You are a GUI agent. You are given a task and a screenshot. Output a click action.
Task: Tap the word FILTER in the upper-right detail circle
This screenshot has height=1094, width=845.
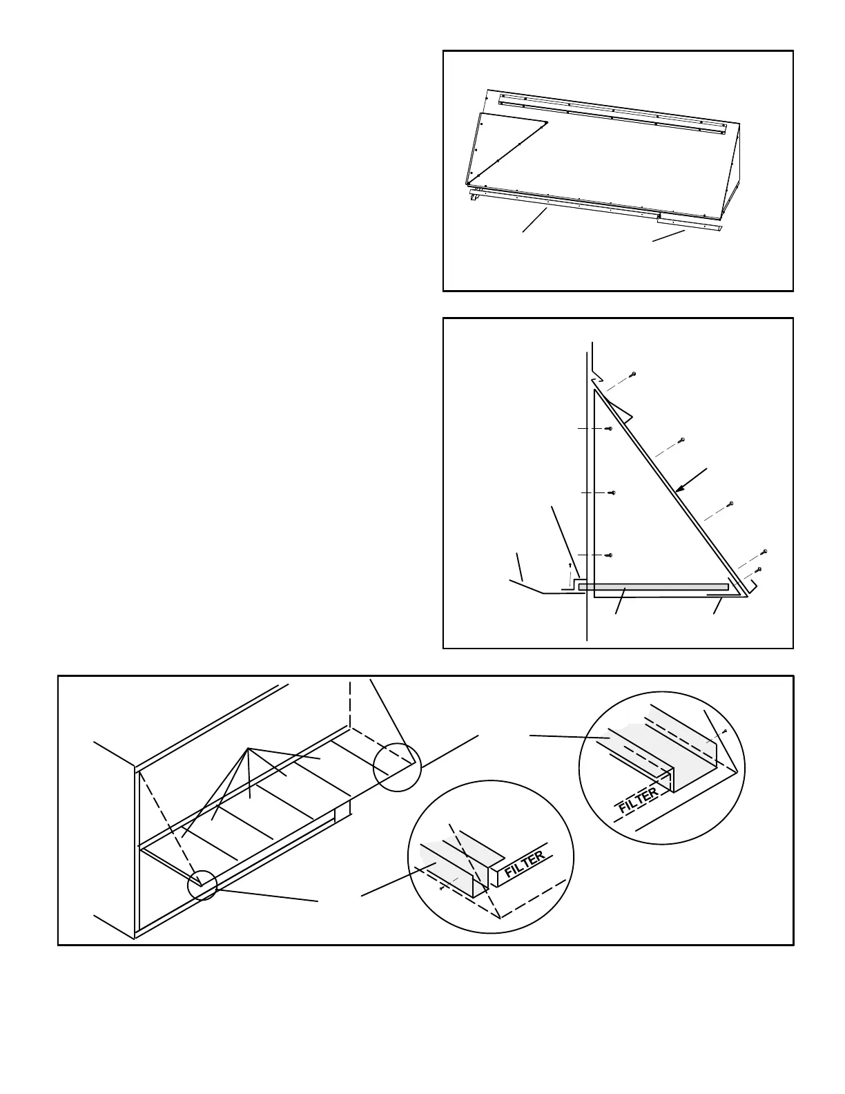click(639, 800)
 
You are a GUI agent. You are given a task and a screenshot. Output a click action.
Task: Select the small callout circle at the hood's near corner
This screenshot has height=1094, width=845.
click(202, 885)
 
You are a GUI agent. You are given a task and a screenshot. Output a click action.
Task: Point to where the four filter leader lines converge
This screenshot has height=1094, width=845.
click(246, 749)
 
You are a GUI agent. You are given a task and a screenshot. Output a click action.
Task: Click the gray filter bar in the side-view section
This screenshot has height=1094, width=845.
click(653, 587)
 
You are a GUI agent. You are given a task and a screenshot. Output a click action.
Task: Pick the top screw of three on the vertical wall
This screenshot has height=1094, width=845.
click(609, 429)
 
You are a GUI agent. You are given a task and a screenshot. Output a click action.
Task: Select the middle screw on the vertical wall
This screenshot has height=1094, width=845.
click(612, 492)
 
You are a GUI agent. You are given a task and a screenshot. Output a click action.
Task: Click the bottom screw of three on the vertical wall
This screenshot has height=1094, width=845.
click(609, 555)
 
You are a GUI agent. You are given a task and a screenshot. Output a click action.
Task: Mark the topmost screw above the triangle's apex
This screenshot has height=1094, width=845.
click(633, 374)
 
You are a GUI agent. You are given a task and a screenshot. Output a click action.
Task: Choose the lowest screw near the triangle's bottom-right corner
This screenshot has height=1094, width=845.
click(758, 569)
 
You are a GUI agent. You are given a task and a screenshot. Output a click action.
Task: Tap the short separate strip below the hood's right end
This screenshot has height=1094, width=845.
click(688, 223)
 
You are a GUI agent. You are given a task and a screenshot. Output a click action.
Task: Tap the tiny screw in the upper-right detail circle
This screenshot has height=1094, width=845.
click(723, 730)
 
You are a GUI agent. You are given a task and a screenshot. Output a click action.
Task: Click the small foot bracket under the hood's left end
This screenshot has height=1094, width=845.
click(474, 198)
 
